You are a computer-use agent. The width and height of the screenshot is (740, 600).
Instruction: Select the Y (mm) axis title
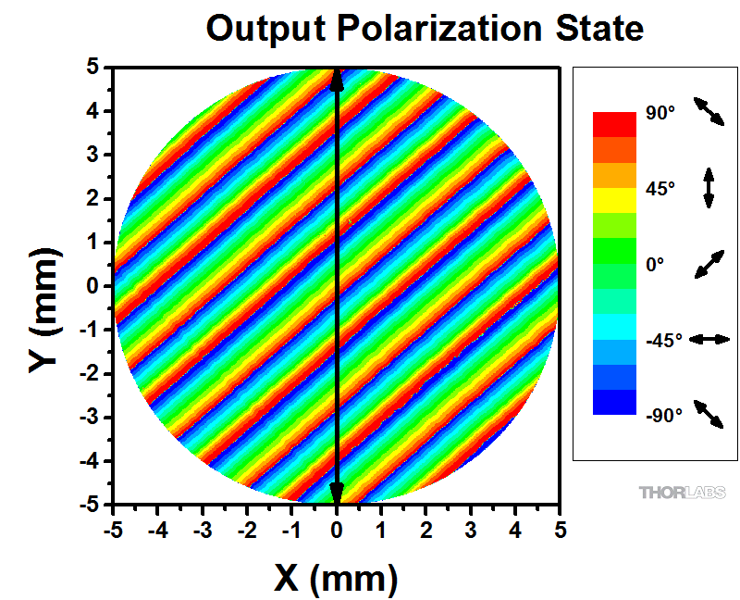(x=43, y=287)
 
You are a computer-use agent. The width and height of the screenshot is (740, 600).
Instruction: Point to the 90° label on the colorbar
(x=660, y=113)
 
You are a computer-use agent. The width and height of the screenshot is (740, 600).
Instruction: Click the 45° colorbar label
(x=660, y=189)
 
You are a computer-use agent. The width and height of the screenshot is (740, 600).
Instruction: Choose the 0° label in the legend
(x=655, y=264)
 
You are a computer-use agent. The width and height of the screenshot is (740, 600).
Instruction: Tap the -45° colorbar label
(x=663, y=340)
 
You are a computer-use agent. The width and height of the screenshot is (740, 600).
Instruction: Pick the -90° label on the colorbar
(x=663, y=415)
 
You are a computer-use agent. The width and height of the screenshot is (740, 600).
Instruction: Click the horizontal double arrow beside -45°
(x=710, y=340)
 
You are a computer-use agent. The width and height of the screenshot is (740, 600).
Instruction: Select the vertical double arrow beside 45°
(x=709, y=188)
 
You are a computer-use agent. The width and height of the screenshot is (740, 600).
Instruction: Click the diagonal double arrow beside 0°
(x=709, y=264)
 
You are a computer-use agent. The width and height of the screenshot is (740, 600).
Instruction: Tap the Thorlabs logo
(x=682, y=493)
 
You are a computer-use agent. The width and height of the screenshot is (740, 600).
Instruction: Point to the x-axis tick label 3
(x=471, y=531)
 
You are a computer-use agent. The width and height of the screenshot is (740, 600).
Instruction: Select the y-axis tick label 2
(x=92, y=199)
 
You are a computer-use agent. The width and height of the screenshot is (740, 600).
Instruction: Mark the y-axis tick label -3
(x=89, y=418)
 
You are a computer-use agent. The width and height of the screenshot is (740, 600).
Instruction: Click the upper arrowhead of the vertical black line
(x=337, y=81)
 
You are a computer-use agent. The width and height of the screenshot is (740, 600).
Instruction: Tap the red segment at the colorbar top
(x=614, y=123)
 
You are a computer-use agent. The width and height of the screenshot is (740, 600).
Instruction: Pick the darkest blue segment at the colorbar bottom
(x=614, y=402)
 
